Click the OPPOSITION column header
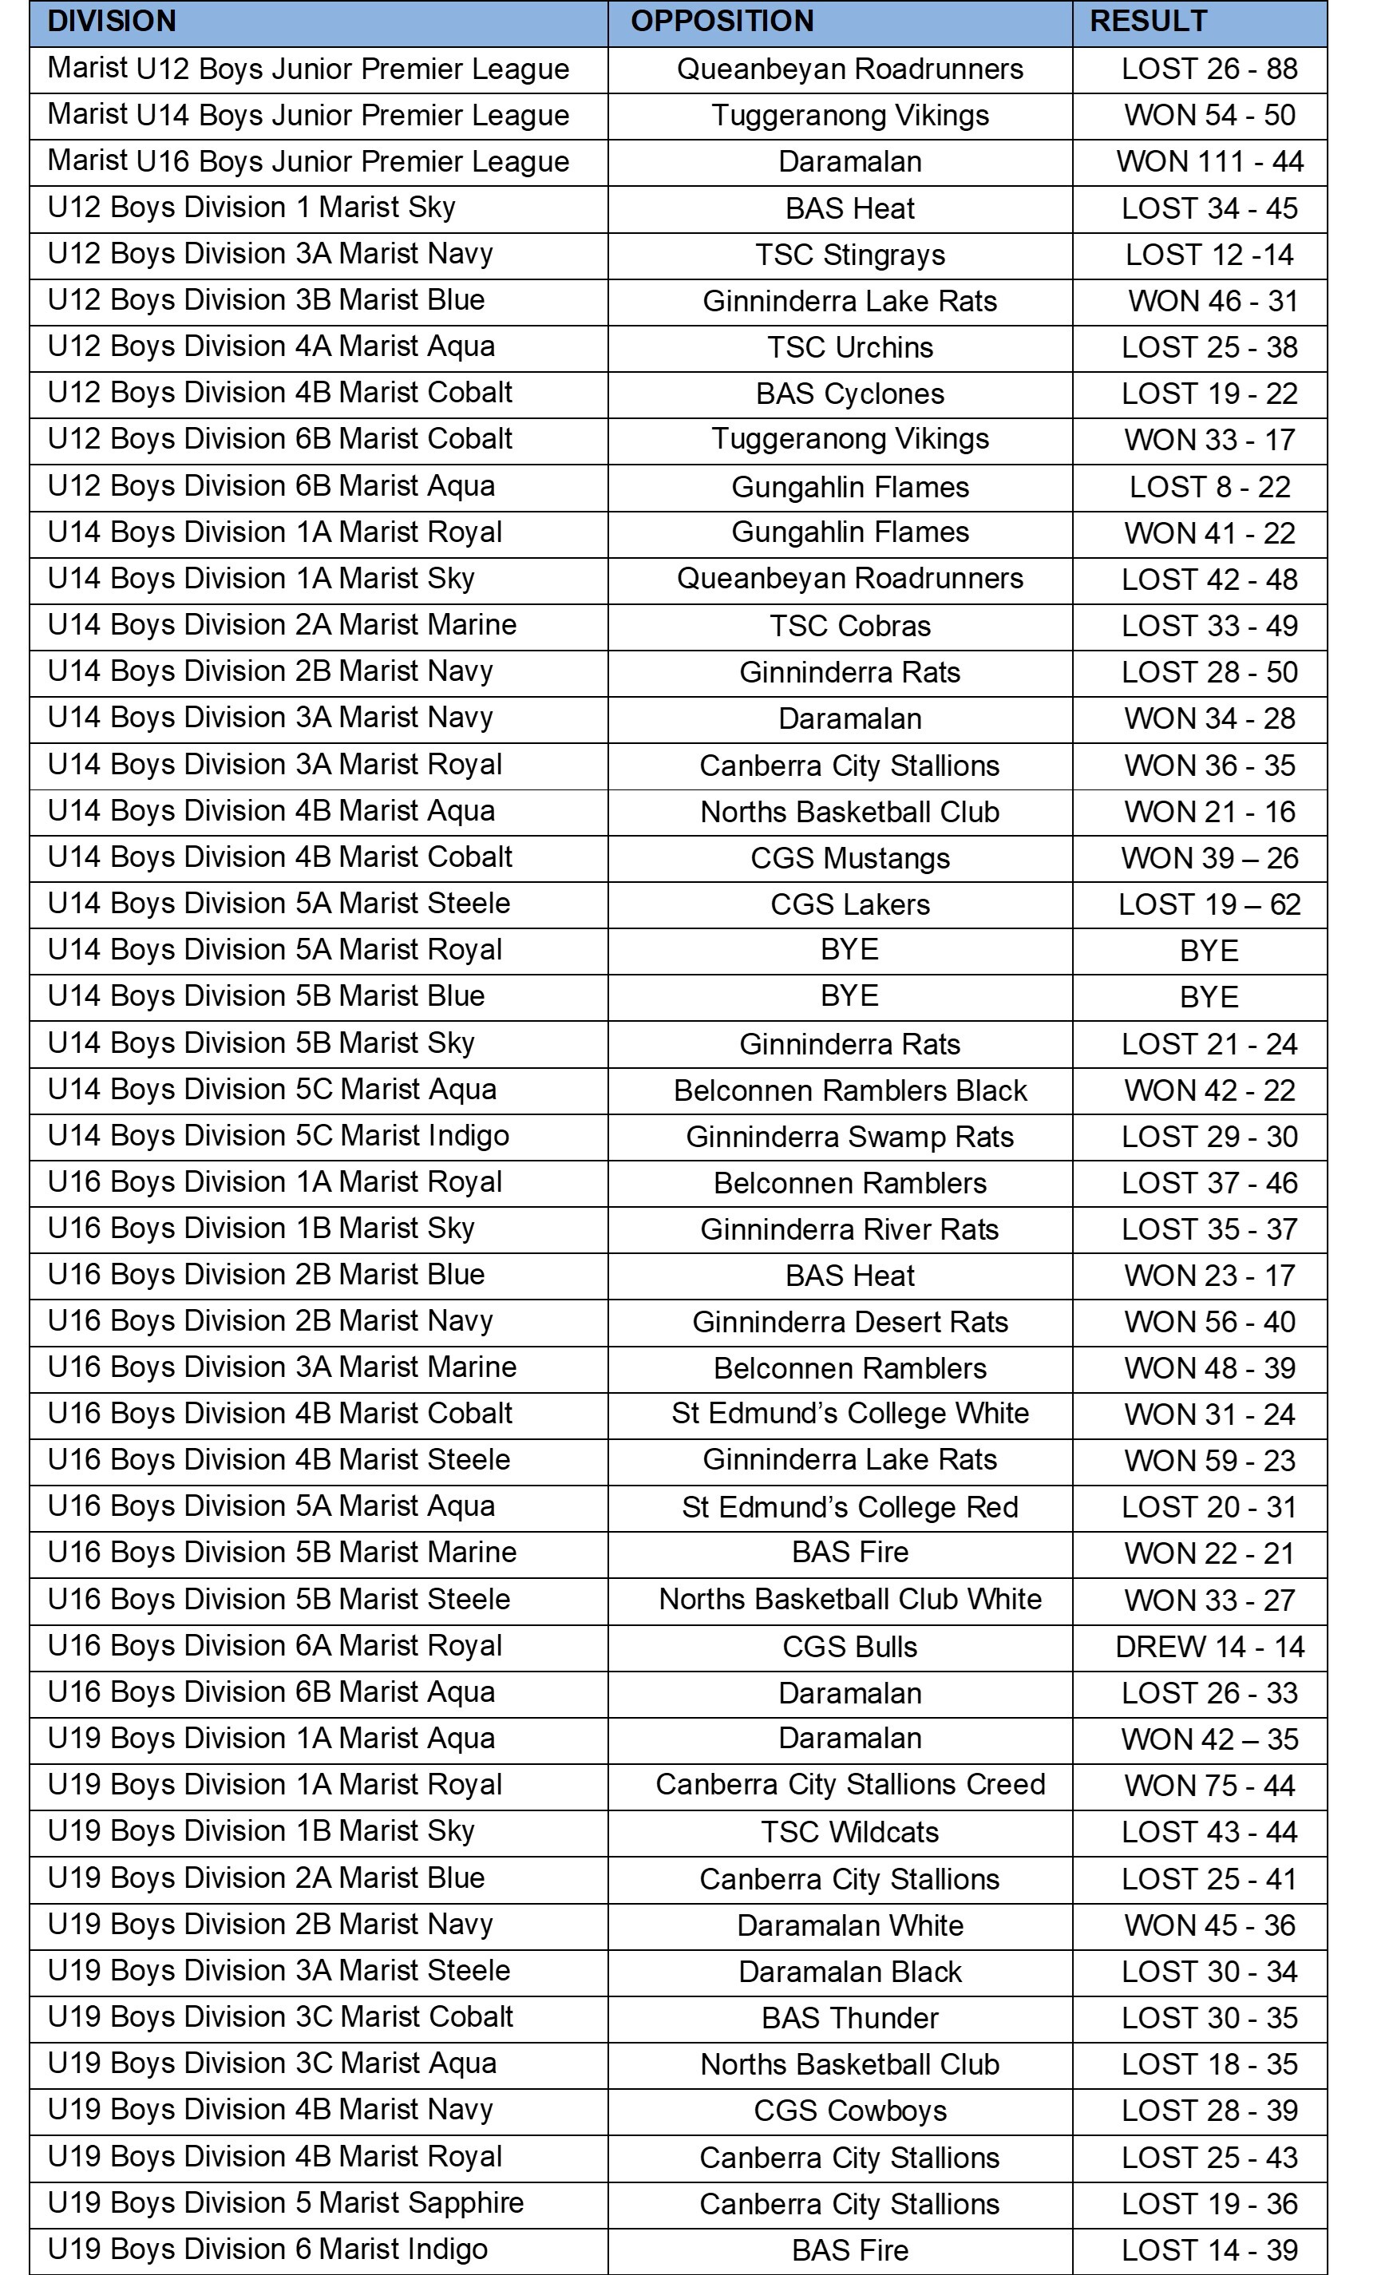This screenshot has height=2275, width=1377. tap(722, 22)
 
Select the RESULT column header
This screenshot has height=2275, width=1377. tap(1148, 22)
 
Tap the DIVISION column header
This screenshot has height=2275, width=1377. tap(112, 22)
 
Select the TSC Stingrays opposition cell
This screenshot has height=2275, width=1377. tap(849, 255)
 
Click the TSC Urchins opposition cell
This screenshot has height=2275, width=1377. tap(849, 348)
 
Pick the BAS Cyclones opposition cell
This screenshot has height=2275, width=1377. tap(849, 394)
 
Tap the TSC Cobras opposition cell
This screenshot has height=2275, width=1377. tap(849, 626)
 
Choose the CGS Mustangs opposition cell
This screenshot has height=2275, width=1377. tap(849, 858)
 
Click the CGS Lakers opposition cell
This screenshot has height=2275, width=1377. tap(849, 904)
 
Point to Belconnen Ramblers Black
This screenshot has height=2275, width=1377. tap(849, 1090)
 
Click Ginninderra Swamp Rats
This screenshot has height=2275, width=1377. tap(849, 1137)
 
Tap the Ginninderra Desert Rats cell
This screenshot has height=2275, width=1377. tap(849, 1322)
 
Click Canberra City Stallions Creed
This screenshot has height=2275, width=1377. tap(849, 1785)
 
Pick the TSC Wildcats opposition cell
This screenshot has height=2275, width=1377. tap(849, 1832)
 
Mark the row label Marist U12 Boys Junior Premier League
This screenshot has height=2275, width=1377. tap(308, 69)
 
